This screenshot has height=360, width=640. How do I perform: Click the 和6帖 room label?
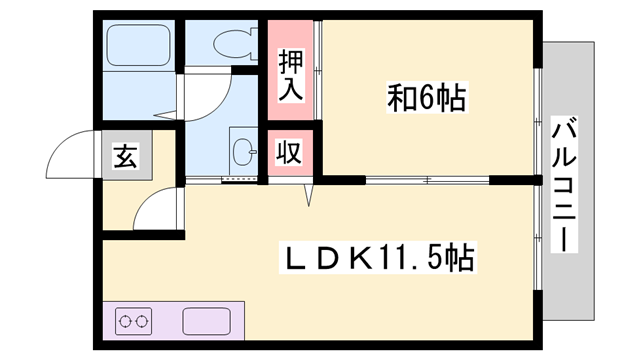pos(429,98)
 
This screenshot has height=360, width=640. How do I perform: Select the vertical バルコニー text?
pos(565,184)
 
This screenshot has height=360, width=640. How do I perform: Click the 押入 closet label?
pos(290,76)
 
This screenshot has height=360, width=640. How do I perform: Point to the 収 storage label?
pos(290,153)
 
